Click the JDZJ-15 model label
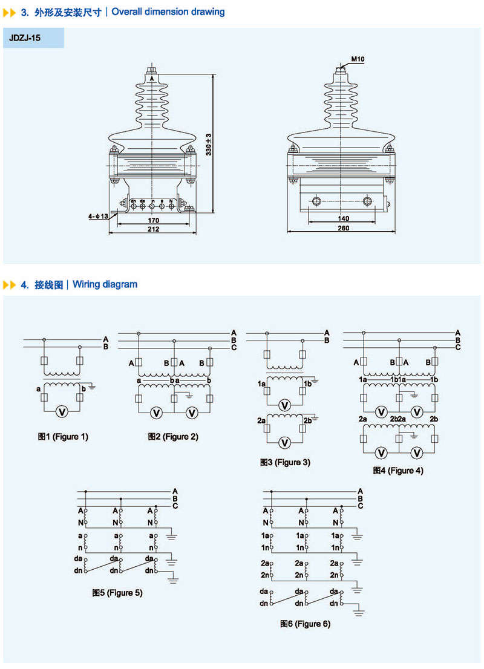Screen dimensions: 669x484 coord(25,38)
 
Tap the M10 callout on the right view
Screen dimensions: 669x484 coord(356,59)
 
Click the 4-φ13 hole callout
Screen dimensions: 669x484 coord(97,216)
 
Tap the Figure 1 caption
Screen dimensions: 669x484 coord(63,437)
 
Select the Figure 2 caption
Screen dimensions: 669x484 coord(173,437)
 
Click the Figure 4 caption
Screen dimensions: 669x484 coord(398,471)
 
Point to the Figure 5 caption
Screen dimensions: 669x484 coord(117,593)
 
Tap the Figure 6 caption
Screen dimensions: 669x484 coord(305,624)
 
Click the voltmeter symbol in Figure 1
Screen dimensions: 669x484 coord(61,411)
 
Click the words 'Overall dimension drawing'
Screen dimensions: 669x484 coord(168,11)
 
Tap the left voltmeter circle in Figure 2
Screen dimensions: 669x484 coord(156,413)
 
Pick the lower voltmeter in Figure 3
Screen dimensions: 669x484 coord(287,443)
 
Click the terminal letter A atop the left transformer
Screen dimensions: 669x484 coord(151,78)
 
